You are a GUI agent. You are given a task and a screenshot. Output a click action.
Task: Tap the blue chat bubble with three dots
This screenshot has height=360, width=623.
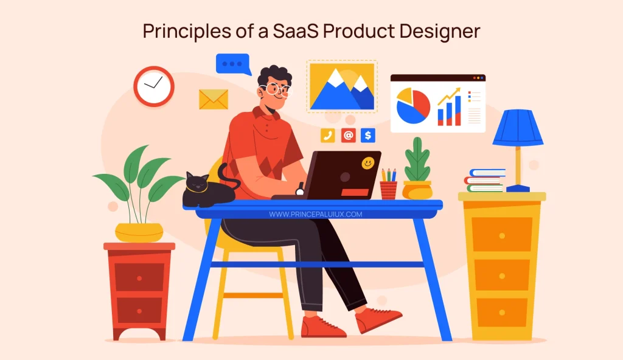(232, 63)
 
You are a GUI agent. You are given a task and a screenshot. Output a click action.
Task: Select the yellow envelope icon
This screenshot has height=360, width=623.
(214, 99)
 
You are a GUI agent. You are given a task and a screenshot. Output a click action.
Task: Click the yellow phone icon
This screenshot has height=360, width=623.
(328, 136)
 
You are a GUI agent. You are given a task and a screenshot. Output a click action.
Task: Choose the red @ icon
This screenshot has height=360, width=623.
(348, 136)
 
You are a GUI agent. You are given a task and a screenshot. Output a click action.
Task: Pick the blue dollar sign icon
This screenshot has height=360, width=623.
(367, 136)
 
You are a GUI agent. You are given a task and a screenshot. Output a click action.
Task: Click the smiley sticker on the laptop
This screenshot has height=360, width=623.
(367, 163)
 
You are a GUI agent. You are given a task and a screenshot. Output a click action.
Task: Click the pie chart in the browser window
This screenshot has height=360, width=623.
(413, 105)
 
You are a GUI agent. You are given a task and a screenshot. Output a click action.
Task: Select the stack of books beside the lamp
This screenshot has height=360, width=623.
(485, 181)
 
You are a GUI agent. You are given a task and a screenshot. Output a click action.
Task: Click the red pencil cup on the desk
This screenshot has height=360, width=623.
(388, 190)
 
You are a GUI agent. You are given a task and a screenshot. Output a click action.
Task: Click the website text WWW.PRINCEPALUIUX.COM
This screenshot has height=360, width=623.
(315, 215)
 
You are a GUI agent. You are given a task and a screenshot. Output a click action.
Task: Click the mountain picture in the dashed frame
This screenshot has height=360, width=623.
(341, 87)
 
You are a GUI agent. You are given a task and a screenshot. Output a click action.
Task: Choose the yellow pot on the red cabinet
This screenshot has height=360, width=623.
(139, 232)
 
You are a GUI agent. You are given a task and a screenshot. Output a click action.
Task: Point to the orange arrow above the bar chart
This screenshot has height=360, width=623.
(449, 96)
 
